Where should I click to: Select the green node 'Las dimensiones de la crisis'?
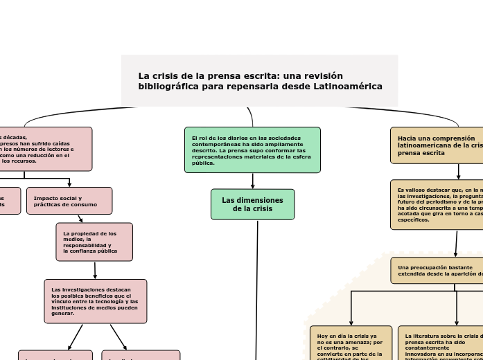[252, 204]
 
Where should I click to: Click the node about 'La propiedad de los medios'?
[94, 242]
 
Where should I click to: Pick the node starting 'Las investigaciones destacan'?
[96, 301]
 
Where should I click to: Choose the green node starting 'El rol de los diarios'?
[252, 150]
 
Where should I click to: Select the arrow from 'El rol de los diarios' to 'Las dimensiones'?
[253, 181]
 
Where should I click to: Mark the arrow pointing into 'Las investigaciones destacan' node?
[95, 271]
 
